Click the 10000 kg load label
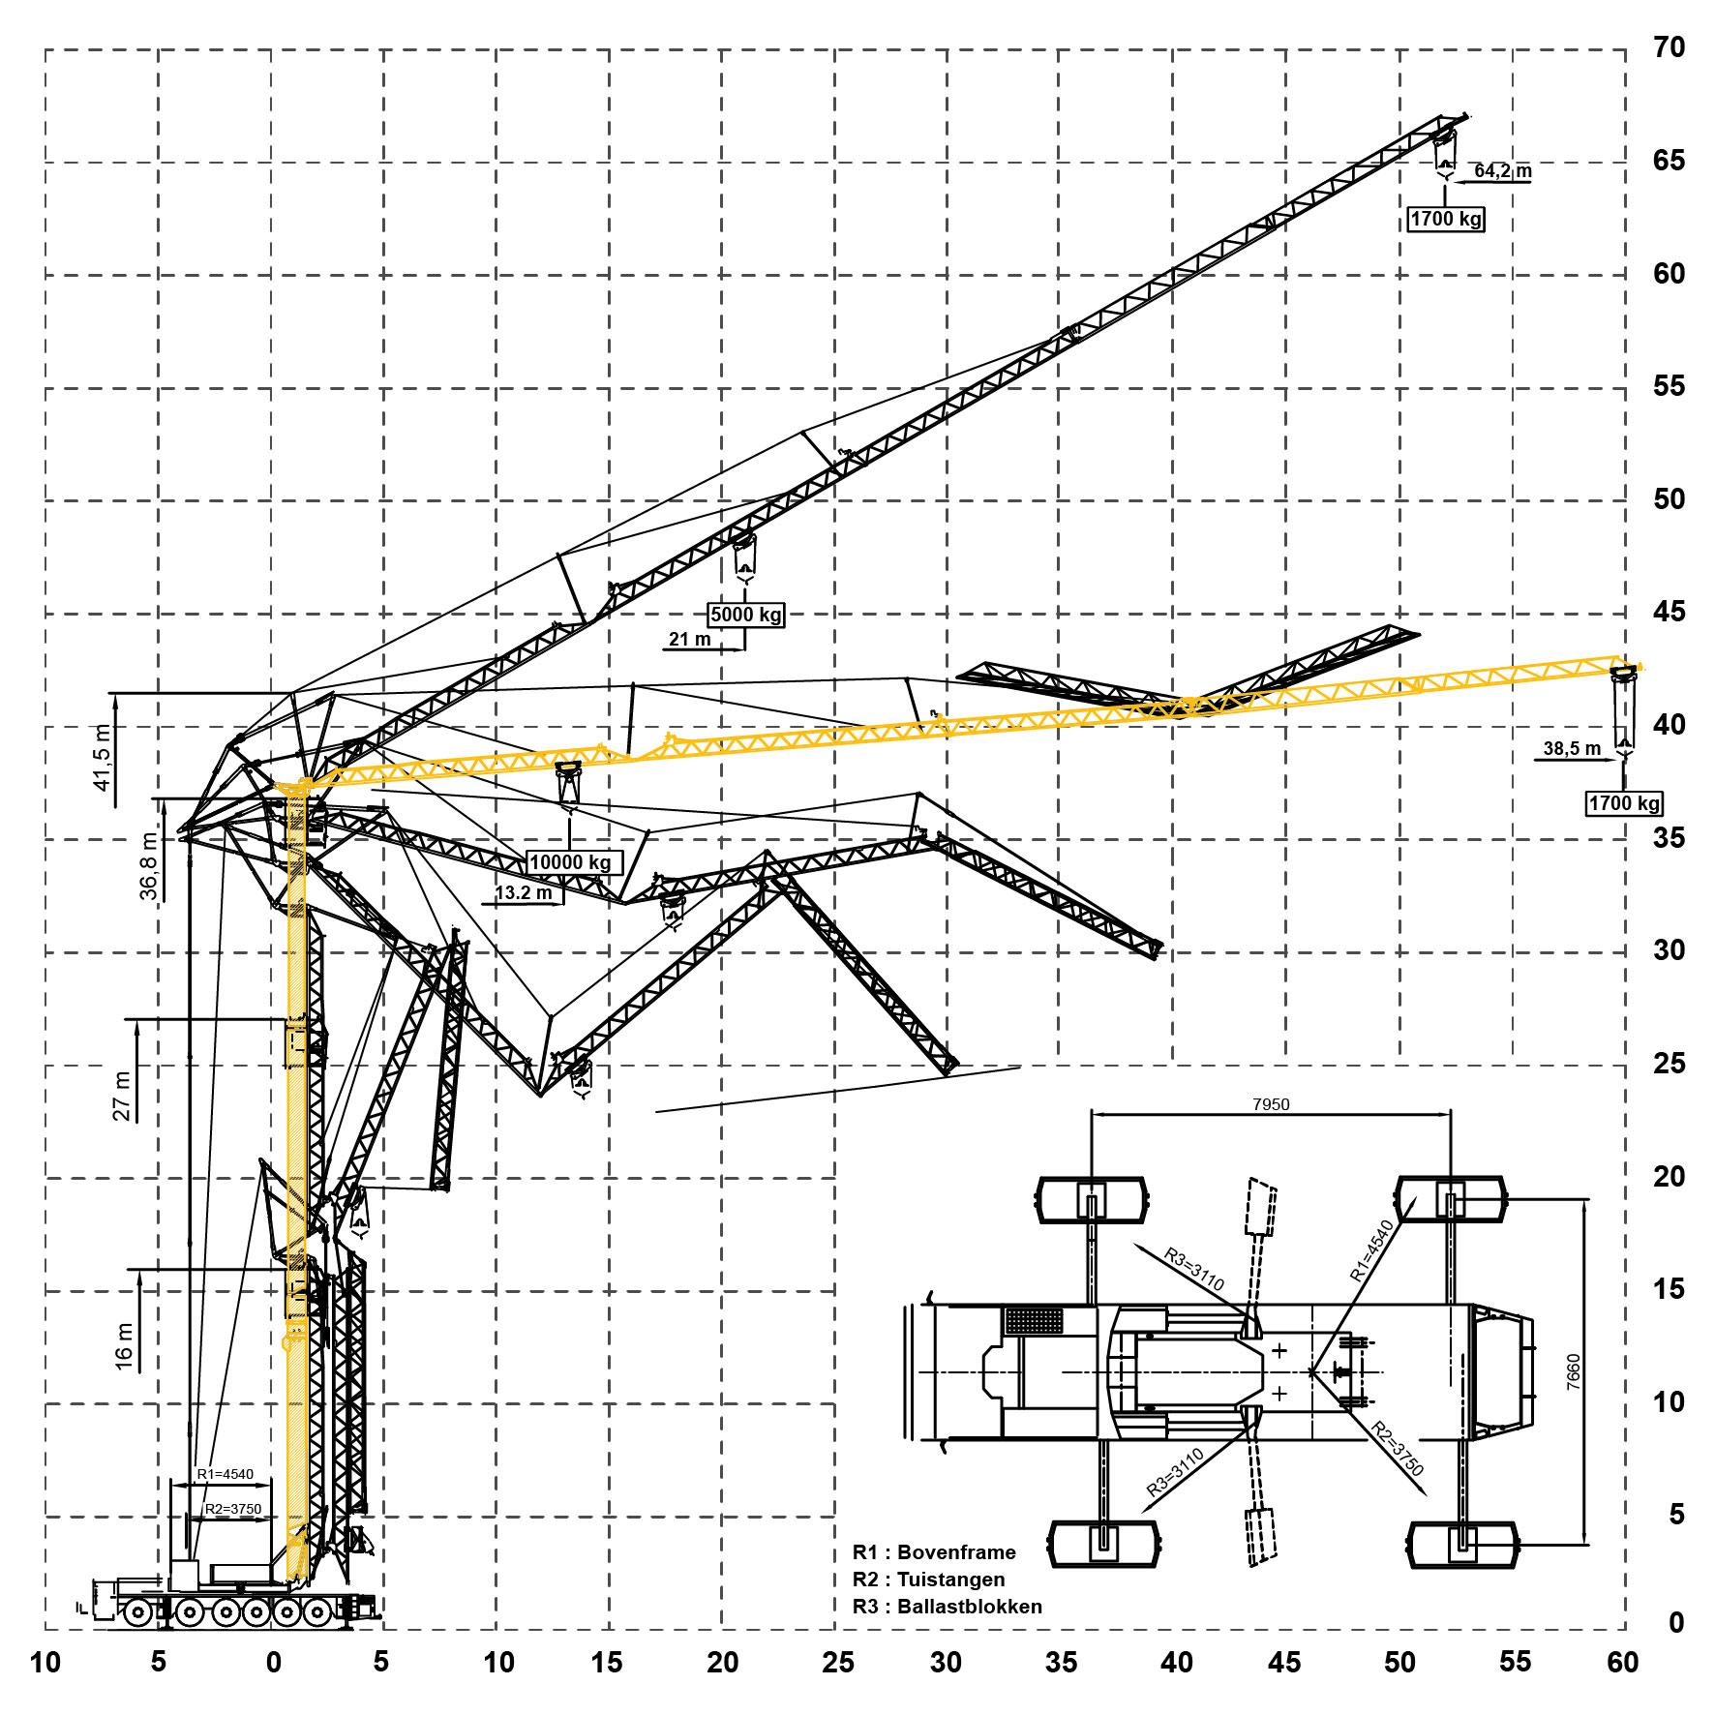pyautogui.click(x=570, y=862)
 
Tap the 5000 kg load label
pyautogui.click(x=745, y=615)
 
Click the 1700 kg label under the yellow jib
pyautogui.click(x=1624, y=803)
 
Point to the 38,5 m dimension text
pyautogui.click(x=1572, y=748)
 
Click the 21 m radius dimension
pyautogui.click(x=689, y=640)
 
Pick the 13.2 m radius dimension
pyautogui.click(x=524, y=893)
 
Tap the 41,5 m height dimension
pyautogui.click(x=103, y=758)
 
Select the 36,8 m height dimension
pyautogui.click(x=149, y=866)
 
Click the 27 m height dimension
pyautogui.click(x=122, y=1097)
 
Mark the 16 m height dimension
pyautogui.click(x=124, y=1346)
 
